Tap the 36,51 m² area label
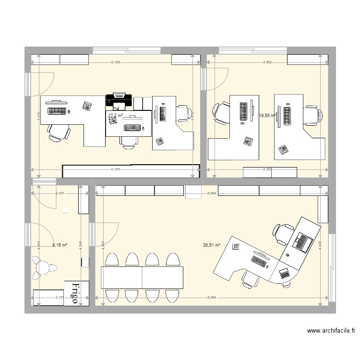click(212, 245)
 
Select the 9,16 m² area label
click(60, 245)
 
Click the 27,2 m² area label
click(115, 116)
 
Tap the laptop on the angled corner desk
click(303, 241)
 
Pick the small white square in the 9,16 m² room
click(65, 210)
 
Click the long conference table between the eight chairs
click(142, 277)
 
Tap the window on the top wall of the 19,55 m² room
click(253, 49)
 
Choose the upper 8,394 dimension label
click(211, 193)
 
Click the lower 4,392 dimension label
click(267, 169)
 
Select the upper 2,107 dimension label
click(60, 193)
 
